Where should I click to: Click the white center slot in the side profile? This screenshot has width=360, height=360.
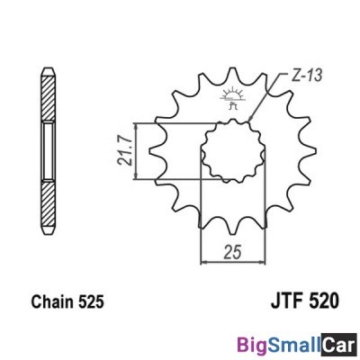[47, 150]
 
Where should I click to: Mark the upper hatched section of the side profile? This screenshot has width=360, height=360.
[47, 90]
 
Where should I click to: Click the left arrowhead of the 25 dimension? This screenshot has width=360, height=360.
[202, 261]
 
